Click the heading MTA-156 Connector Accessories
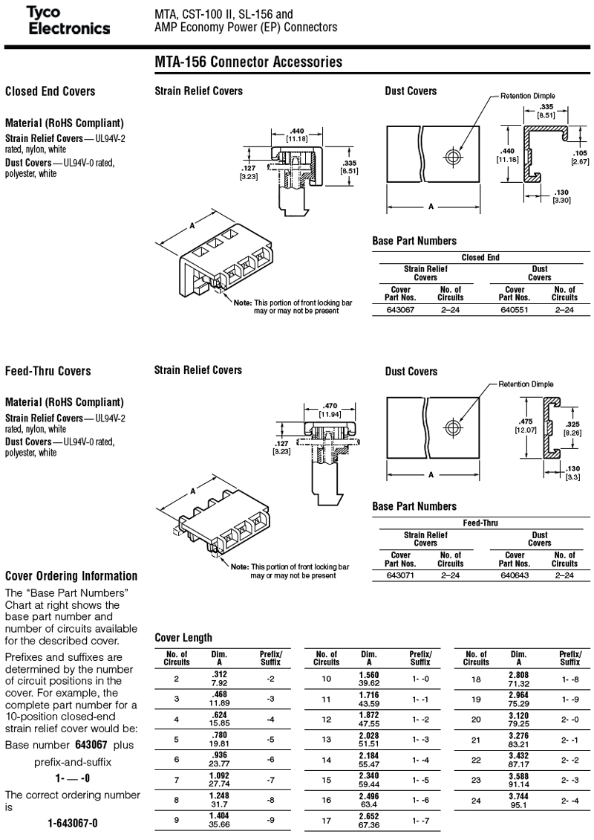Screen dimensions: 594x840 point(248,62)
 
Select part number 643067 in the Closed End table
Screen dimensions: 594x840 point(400,310)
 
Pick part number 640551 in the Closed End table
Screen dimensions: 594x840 point(515,310)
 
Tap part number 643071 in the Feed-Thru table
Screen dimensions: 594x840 point(400,575)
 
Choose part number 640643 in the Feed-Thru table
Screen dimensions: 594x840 point(515,575)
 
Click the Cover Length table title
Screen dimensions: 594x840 point(183,638)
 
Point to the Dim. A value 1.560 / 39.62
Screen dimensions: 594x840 point(369,679)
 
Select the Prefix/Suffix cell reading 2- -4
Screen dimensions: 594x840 point(570,801)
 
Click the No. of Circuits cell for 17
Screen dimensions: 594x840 point(327,821)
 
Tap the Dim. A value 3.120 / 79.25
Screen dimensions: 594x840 point(518,720)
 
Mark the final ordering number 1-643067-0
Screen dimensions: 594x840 point(73,824)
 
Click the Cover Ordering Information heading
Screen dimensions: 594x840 point(71,576)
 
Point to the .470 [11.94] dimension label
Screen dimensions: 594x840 point(330,410)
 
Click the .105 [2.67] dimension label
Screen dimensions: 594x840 point(580,157)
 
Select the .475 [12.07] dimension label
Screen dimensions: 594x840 point(526,426)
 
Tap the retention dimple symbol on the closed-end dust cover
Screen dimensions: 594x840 point(453,157)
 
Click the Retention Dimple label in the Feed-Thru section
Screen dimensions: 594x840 point(526,384)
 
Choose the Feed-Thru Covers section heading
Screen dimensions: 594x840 point(48,371)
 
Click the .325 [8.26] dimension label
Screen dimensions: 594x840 point(572,429)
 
